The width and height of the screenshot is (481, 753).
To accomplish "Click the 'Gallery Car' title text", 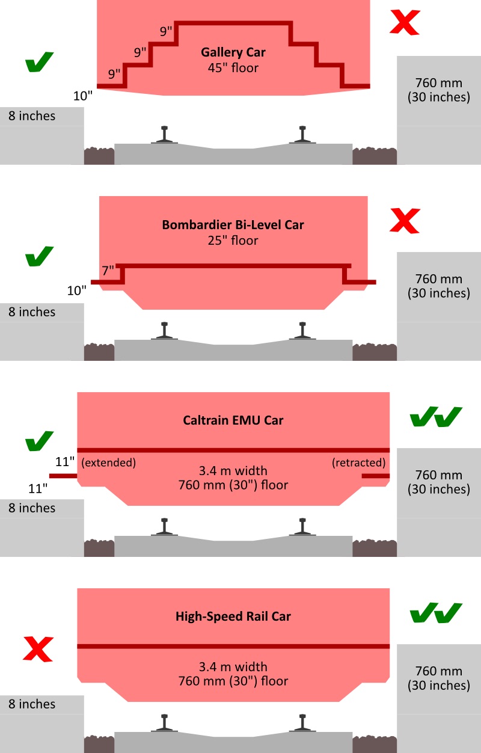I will tap(233, 52).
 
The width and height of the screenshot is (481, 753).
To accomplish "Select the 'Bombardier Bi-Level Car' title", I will tap(233, 225).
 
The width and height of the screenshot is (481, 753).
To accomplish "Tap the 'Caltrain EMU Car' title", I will tap(233, 420).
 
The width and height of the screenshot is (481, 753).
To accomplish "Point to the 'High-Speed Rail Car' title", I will tap(233, 616).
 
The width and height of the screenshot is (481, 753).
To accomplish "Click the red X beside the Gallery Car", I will tap(405, 22).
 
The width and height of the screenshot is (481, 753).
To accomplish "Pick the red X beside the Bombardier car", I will tap(405, 220).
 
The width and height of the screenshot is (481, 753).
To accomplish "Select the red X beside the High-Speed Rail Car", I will tap(38, 650).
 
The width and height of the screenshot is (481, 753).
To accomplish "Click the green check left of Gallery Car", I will tap(39, 63).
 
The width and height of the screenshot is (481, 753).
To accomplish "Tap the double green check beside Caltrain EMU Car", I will tap(435, 416).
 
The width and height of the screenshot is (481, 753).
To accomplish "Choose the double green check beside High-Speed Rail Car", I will tap(435, 613).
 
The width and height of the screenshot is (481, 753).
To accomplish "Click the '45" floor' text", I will tap(233, 68).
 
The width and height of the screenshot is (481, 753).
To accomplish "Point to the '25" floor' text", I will tap(233, 241).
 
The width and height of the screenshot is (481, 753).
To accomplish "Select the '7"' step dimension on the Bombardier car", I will tap(108, 271).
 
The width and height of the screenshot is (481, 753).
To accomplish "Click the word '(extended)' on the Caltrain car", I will tap(108, 463).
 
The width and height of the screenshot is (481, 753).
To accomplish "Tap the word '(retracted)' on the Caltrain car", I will tap(358, 463).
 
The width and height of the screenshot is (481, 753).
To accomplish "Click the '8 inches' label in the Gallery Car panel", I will tap(31, 116).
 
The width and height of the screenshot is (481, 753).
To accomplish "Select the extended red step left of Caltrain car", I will tap(63, 476).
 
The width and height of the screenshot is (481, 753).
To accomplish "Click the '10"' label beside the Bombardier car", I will tap(76, 291).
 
